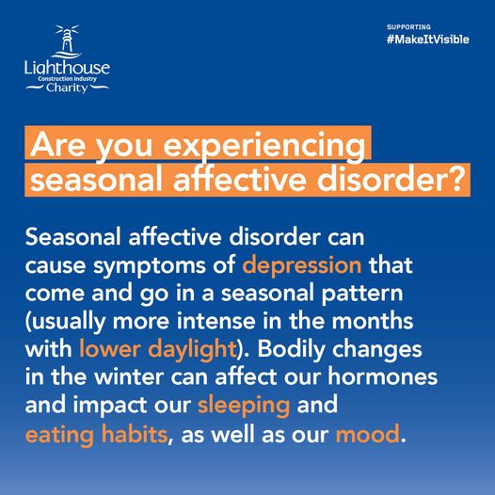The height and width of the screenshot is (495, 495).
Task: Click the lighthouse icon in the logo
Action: click(67, 41)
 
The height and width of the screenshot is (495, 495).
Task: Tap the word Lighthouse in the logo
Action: click(67, 68)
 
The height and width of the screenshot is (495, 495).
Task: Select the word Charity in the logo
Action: click(67, 88)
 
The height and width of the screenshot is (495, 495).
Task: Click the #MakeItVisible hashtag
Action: click(428, 40)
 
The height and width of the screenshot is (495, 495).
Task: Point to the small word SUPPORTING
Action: click(408, 27)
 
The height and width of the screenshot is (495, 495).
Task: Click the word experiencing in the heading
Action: click(264, 146)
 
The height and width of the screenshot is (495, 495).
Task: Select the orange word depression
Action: click(302, 264)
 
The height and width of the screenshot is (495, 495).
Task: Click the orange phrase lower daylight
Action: click(157, 349)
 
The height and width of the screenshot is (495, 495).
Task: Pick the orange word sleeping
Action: click(244, 405)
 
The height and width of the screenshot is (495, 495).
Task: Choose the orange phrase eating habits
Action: click(96, 435)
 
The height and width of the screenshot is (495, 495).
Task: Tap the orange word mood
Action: click(368, 434)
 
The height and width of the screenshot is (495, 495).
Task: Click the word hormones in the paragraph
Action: click(382, 376)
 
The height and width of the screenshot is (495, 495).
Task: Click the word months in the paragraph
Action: click(373, 320)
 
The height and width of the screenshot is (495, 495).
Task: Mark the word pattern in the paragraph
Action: click(362, 294)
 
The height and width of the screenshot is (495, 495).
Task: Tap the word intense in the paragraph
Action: click(216, 321)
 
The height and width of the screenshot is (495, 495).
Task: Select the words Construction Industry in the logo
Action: click(67, 79)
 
